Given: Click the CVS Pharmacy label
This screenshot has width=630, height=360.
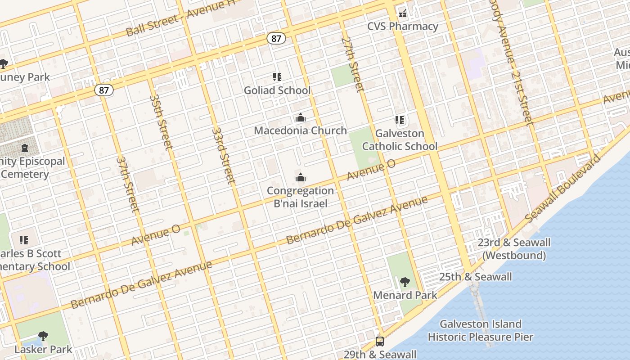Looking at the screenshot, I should (402, 26).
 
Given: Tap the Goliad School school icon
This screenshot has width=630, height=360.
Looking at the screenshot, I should (277, 77).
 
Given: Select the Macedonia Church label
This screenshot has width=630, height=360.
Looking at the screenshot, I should (300, 130).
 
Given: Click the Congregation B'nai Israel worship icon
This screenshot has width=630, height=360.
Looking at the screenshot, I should (301, 178).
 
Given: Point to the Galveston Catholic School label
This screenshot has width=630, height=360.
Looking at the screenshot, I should (400, 140).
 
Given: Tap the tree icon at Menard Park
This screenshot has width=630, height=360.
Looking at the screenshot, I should (405, 282).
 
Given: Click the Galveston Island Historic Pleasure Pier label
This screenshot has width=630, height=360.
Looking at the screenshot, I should (480, 330).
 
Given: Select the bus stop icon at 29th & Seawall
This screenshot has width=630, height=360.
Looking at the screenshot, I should (380, 341).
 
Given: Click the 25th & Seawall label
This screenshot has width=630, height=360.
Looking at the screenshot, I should (475, 277).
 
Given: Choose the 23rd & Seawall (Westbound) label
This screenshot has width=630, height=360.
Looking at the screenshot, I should (514, 249).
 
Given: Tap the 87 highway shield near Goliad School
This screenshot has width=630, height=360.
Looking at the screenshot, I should (276, 39).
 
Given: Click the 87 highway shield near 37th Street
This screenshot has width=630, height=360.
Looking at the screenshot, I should (104, 90).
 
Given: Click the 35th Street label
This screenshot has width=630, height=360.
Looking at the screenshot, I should (161, 121).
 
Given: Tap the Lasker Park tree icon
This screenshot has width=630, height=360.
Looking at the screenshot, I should (43, 336).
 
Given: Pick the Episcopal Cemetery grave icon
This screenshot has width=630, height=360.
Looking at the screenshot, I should (24, 148).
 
